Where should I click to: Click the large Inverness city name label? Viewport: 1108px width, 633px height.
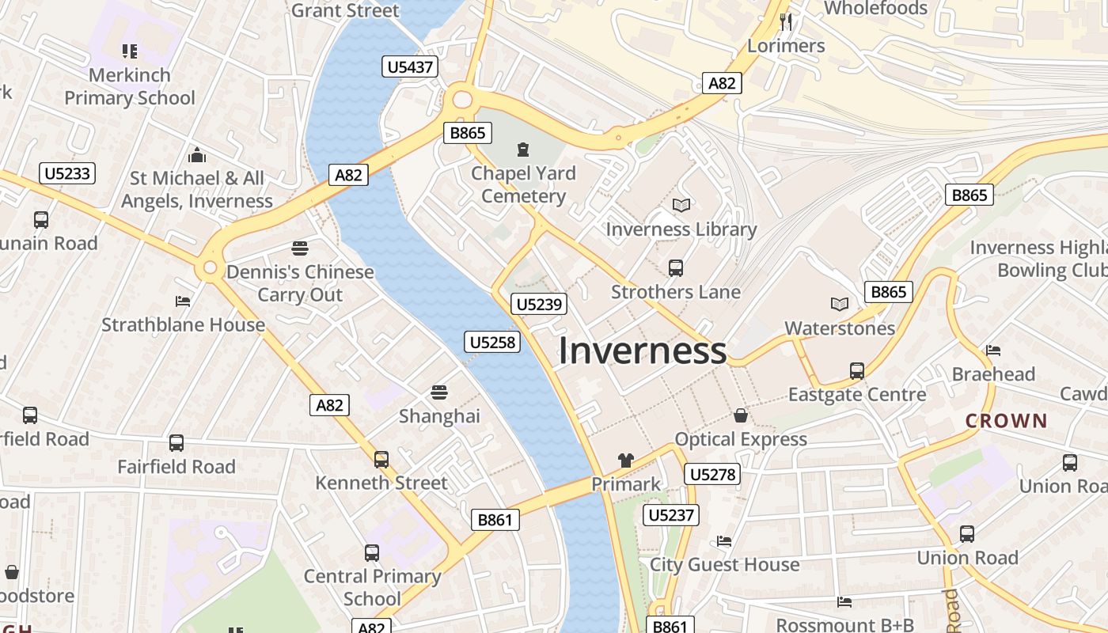coord(642,351)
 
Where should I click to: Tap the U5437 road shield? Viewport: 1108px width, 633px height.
coord(410,66)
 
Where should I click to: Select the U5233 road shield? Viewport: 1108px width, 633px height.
coord(67,173)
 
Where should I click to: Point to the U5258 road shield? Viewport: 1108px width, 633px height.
coord(491,342)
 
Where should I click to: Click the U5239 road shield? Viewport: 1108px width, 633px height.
coord(539,304)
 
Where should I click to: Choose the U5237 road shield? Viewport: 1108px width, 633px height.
coord(671,515)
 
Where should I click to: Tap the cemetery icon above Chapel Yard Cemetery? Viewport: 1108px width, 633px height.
coord(522,149)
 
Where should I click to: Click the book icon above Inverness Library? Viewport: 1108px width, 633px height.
coord(681,206)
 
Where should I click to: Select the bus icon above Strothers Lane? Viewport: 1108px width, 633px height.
coord(676,268)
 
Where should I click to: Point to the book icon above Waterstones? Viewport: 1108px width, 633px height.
coord(839,304)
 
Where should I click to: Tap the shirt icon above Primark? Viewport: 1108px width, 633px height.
coord(626,460)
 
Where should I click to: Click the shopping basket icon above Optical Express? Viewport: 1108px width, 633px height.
coord(741,415)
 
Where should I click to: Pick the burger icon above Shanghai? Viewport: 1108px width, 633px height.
coord(439,392)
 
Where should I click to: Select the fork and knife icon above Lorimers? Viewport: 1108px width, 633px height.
coord(785,21)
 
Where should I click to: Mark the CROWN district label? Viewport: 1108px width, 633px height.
coord(1006,421)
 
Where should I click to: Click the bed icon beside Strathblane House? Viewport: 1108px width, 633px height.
coord(183,301)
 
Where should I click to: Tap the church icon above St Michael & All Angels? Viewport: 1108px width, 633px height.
coord(197,155)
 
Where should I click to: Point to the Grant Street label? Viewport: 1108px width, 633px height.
coord(345,10)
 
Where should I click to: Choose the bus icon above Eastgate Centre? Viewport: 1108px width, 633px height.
coord(856,370)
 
